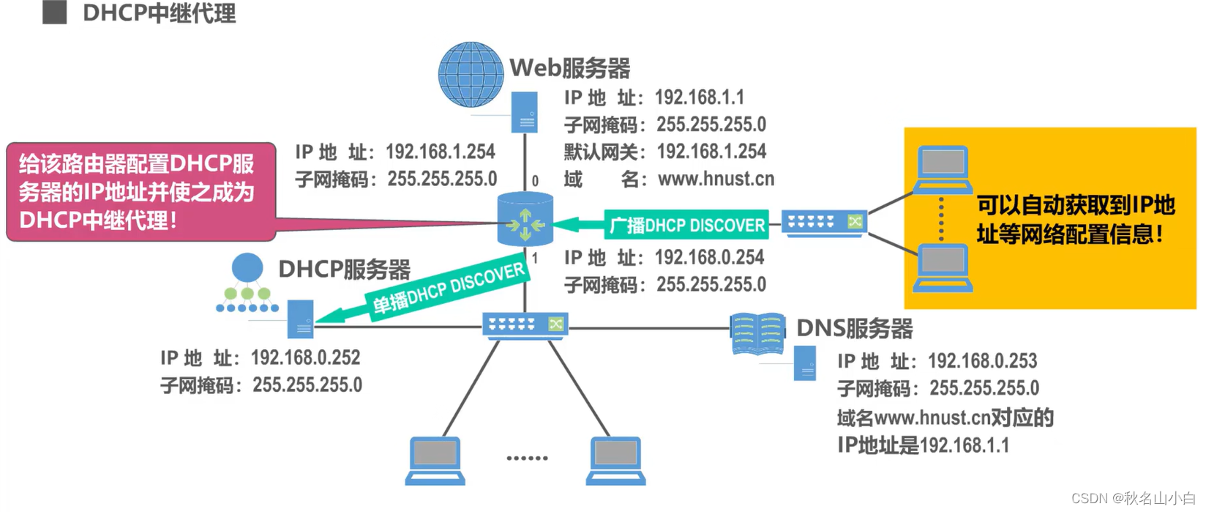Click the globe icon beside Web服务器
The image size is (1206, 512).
click(x=471, y=75)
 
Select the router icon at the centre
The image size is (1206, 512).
click(x=525, y=219)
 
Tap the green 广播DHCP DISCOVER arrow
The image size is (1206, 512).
click(x=662, y=225)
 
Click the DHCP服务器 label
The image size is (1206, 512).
click(x=344, y=270)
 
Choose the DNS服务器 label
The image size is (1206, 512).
click(x=854, y=329)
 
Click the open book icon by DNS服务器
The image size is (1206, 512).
click(x=757, y=335)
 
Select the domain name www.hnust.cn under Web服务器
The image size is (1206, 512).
click(x=716, y=179)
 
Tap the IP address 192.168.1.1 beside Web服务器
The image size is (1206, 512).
click(x=699, y=97)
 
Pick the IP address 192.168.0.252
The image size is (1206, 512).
click(x=305, y=357)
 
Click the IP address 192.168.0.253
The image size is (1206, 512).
click(x=982, y=361)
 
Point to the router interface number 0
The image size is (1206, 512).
click(x=535, y=180)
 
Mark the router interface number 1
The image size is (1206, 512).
click(x=535, y=258)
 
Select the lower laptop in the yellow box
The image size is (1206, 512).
click(x=943, y=268)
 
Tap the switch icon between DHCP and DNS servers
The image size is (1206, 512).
click(x=525, y=324)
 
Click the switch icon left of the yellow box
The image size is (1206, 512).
click(x=824, y=222)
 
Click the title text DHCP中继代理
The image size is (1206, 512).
click(x=159, y=13)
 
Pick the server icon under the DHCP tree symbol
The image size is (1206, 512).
click(x=300, y=319)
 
